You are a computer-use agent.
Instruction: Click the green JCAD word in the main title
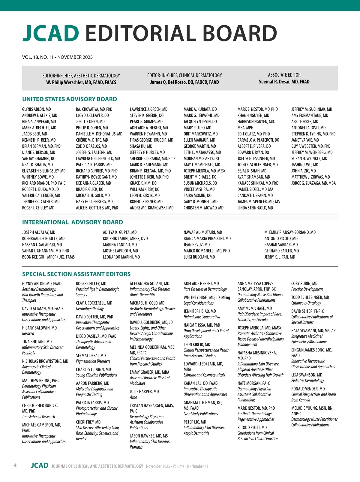coord(50,33)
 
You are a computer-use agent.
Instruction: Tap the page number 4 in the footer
coord(15,465)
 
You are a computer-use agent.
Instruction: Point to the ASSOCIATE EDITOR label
coord(284,75)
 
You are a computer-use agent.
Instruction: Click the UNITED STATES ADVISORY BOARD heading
coord(70,99)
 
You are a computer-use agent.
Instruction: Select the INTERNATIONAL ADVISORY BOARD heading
coord(73,222)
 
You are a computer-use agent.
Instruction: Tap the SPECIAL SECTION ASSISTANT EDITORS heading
coord(76,274)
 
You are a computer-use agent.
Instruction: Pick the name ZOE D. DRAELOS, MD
coord(91,146)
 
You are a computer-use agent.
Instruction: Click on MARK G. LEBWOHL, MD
coord(201,115)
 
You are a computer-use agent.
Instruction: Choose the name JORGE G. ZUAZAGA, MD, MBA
coord(313,183)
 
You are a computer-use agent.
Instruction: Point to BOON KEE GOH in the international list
coord(48,257)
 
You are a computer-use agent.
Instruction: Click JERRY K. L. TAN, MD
coord(280,257)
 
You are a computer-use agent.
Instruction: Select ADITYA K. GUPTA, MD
coord(120,232)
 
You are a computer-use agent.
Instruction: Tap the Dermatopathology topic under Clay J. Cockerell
coord(90,309)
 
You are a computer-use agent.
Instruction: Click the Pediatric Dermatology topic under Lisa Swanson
coord(307,381)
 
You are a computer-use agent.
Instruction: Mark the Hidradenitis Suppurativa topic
coord(202,317)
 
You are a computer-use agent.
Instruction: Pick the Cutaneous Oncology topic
coord(306,303)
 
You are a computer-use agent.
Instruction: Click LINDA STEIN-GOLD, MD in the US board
coord(255,208)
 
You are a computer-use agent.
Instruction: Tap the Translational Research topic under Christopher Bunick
coord(38,417)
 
